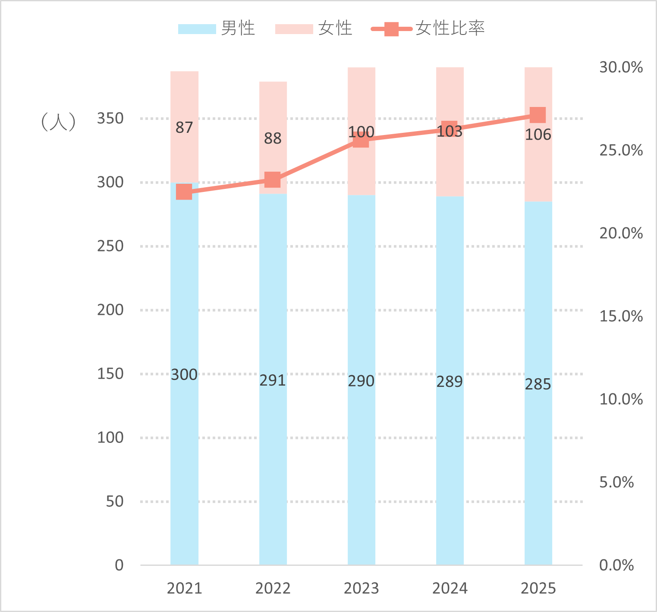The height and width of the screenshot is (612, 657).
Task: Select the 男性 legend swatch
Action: click(197, 29)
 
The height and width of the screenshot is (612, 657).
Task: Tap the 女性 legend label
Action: click(335, 28)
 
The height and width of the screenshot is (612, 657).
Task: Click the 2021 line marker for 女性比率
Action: click(184, 191)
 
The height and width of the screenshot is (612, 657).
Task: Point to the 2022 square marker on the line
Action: click(273, 179)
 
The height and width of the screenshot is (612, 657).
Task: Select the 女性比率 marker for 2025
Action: click(538, 115)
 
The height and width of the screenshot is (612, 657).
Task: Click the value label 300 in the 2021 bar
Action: click(184, 375)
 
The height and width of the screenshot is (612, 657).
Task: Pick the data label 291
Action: click(273, 380)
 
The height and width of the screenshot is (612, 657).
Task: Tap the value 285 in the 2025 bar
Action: click(538, 384)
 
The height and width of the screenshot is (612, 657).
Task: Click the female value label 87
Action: click(184, 128)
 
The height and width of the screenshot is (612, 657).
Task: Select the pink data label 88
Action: click(273, 138)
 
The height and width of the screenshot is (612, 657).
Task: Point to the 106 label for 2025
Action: click(538, 135)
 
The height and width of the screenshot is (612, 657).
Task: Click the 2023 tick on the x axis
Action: click(361, 588)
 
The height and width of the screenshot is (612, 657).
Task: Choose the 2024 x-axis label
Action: click(450, 588)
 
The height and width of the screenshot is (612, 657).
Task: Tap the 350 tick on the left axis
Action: click(110, 118)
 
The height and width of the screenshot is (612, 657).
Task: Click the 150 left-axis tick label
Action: click(110, 373)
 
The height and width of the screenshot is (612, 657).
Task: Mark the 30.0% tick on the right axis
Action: click(621, 67)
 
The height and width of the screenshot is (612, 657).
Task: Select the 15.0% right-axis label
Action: click(621, 316)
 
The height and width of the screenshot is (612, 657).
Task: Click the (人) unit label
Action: click(58, 122)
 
